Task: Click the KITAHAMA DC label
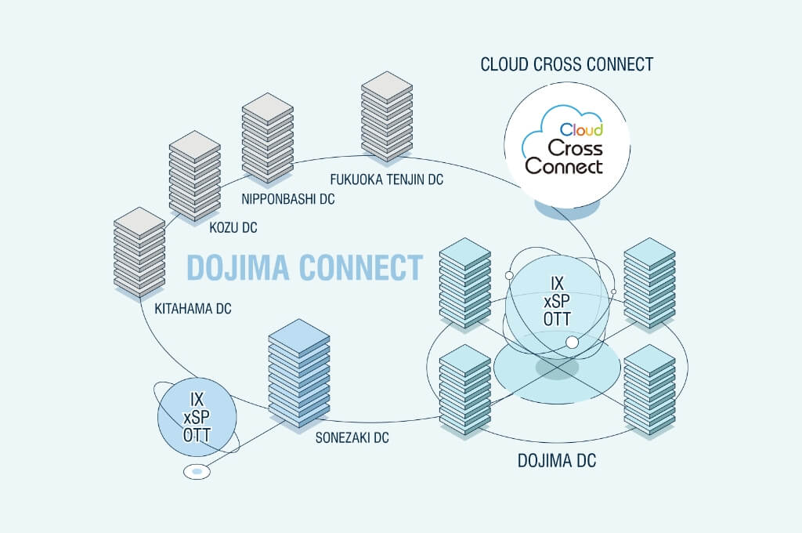(x=193, y=310)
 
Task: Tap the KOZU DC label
(x=233, y=228)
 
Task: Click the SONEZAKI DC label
(x=352, y=438)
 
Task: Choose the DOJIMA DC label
(x=557, y=461)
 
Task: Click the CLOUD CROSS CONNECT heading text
(x=566, y=64)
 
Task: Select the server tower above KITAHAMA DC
(x=139, y=251)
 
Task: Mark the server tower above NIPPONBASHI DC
(x=267, y=138)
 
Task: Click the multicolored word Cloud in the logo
(x=581, y=129)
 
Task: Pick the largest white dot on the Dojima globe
(x=573, y=342)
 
